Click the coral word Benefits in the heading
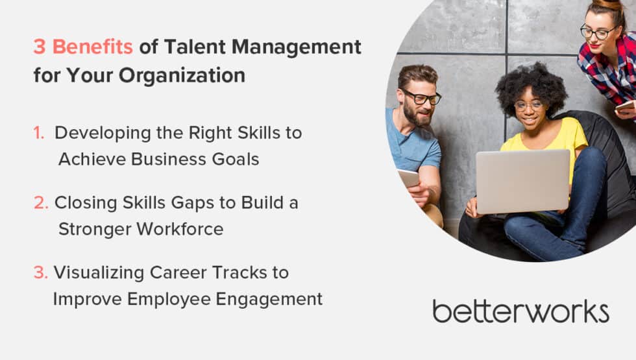coord(92,47)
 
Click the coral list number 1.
coord(39,133)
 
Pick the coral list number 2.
coord(41,202)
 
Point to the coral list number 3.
coord(40,272)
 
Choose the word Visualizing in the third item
coord(99,272)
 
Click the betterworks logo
coord(520,311)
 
